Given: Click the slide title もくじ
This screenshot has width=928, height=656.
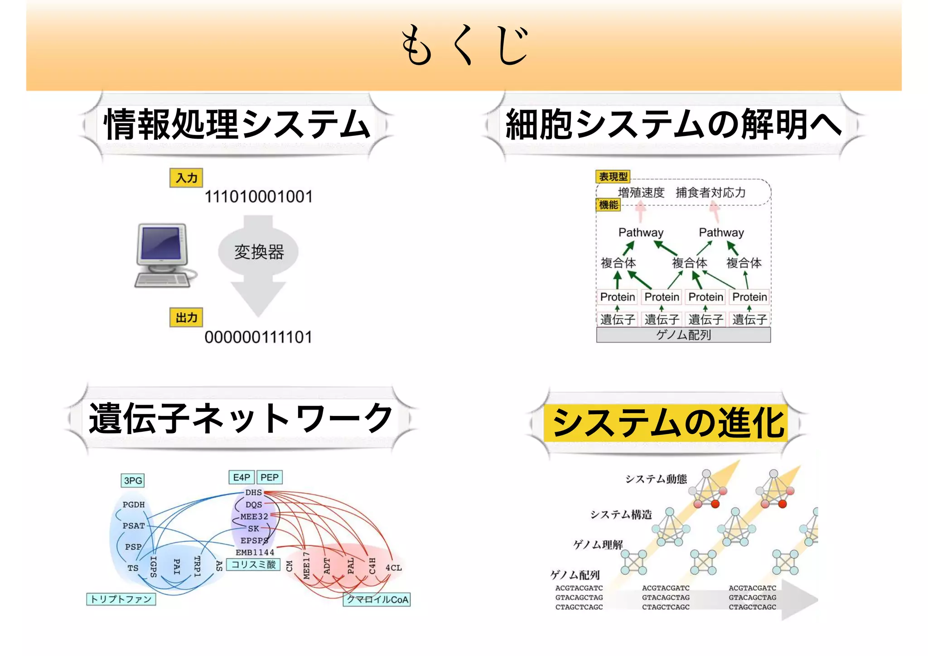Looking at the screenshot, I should [x=465, y=45].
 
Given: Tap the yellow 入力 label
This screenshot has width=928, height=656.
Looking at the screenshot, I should [x=186, y=178].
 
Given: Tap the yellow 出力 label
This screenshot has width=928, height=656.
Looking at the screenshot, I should [x=186, y=318].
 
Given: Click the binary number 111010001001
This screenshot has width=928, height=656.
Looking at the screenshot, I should [x=258, y=197].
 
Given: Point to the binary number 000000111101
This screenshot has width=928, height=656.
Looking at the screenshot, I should [x=258, y=338].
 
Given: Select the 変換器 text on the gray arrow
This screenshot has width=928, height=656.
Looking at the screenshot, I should [x=259, y=252].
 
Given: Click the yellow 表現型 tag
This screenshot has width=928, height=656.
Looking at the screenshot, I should [x=613, y=176].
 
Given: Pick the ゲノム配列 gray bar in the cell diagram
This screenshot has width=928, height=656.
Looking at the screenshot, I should [x=683, y=335].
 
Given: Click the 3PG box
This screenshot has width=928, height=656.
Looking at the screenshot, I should [x=133, y=481].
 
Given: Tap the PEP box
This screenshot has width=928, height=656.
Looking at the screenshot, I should [x=270, y=478].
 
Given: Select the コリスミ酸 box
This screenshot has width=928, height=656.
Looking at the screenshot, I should [x=253, y=564].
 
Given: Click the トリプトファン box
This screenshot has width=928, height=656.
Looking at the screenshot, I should [x=121, y=599].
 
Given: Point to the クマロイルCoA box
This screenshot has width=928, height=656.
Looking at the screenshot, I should [x=377, y=600].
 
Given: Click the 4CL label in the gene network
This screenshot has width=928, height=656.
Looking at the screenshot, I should [x=393, y=568].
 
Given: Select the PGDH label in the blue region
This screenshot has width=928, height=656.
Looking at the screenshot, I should [x=134, y=505].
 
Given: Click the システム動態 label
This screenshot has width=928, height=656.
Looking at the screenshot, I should [x=656, y=479].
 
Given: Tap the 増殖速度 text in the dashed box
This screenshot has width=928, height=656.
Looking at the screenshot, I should [x=641, y=193].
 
